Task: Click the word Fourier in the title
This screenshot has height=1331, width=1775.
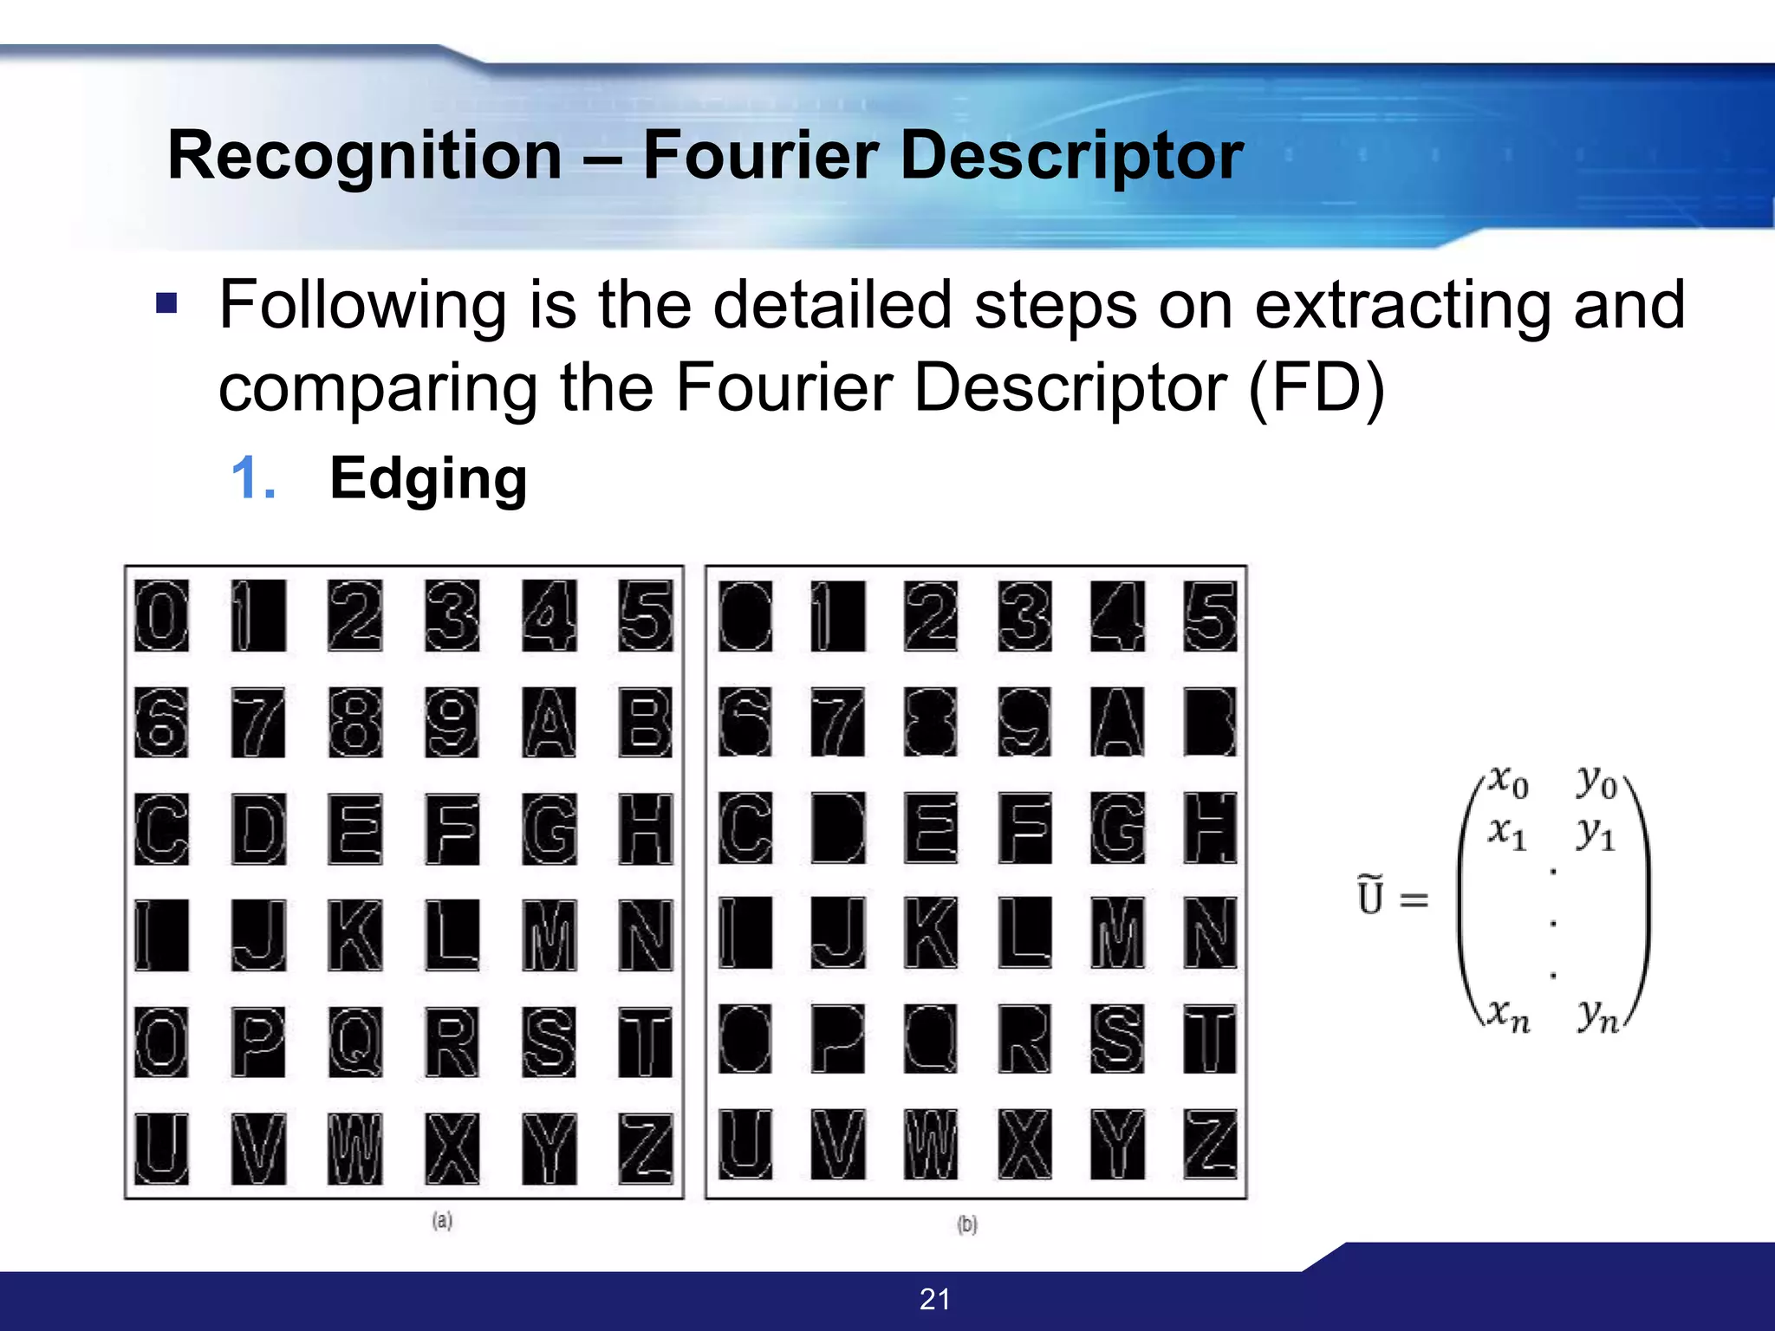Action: (760, 156)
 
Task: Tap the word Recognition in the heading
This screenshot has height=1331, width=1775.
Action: (365, 156)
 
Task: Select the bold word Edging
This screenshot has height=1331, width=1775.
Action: (428, 478)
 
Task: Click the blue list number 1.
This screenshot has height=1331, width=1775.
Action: (253, 478)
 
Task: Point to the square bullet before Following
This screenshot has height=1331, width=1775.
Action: (166, 303)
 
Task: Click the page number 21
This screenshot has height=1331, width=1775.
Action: (934, 1299)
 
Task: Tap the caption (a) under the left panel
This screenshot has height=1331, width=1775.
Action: (442, 1220)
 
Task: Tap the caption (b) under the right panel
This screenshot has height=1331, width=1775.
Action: (967, 1224)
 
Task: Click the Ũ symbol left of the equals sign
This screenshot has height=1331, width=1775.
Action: (1370, 896)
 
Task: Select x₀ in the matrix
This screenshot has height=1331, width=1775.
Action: (1508, 782)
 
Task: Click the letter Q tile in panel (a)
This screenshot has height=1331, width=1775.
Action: (355, 1042)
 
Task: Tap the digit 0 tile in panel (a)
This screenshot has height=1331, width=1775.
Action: (161, 615)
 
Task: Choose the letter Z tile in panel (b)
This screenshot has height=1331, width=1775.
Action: (1210, 1144)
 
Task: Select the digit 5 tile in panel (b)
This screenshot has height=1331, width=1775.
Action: (1210, 615)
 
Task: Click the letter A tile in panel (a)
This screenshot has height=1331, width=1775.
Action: (549, 722)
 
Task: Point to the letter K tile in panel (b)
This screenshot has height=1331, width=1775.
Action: (931, 932)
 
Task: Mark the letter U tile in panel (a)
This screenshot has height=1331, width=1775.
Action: (161, 1148)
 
